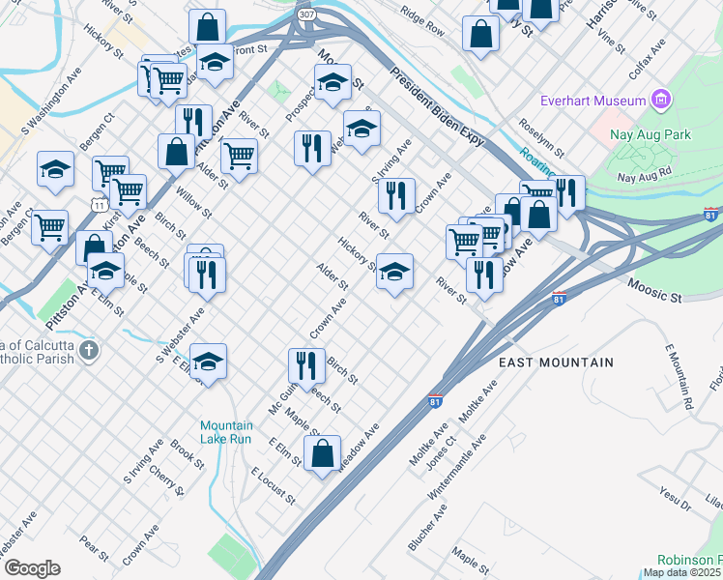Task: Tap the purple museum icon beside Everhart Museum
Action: (661, 99)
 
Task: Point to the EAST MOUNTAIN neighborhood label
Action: (556, 362)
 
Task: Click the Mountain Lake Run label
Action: (227, 432)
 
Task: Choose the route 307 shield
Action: (306, 15)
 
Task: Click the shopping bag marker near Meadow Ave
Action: (322, 452)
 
